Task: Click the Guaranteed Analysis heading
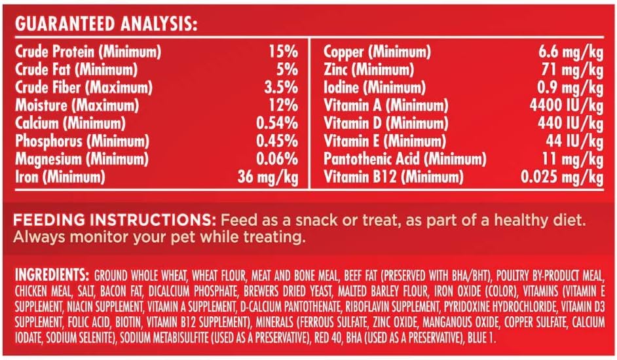point(106,24)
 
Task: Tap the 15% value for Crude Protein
point(284,52)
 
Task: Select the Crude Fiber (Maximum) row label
point(83,87)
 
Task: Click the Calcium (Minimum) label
point(70,123)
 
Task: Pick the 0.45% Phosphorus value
point(277,141)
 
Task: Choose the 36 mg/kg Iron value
point(268,177)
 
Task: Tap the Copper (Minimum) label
point(377,52)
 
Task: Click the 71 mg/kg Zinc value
point(572,69)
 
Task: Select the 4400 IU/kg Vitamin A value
point(567,105)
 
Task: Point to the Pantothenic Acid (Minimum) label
point(405,159)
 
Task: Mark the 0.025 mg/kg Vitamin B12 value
point(562,177)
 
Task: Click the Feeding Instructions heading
point(115,220)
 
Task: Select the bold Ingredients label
point(52,275)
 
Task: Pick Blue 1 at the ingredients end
point(481,338)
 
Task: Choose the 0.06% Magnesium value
point(277,159)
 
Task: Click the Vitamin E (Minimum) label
point(385,141)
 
